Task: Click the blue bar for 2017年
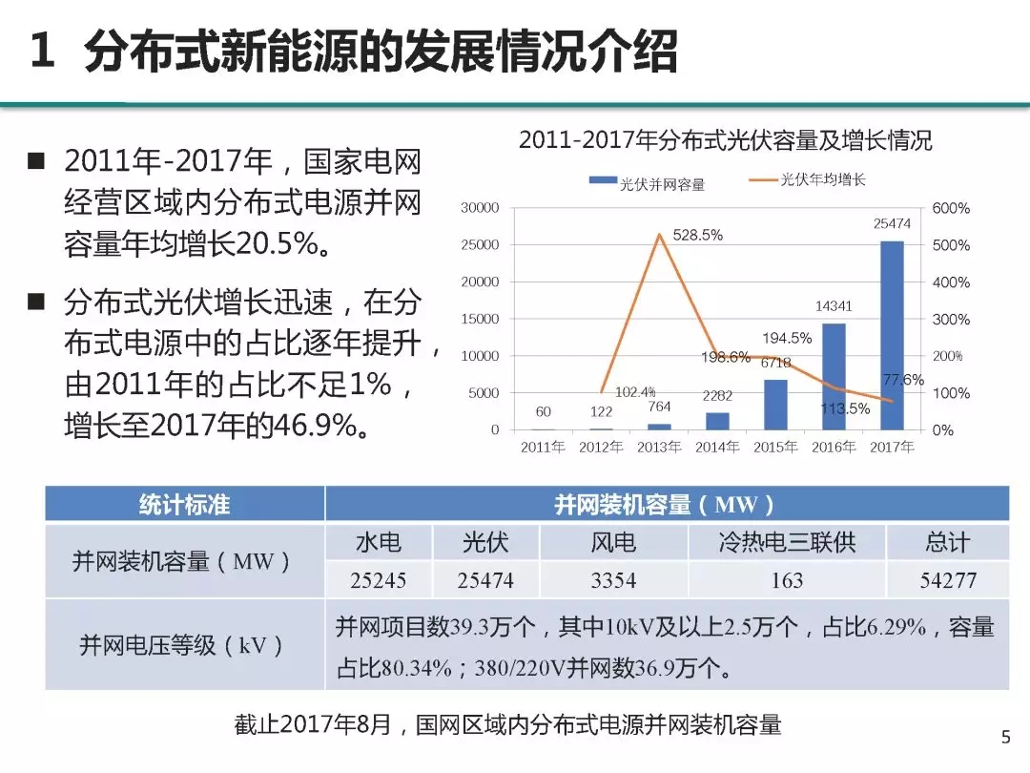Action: click(x=892, y=335)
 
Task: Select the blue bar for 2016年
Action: click(x=834, y=376)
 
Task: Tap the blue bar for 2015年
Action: click(x=776, y=405)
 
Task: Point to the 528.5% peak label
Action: click(x=697, y=235)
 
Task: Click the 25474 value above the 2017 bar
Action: click(x=892, y=223)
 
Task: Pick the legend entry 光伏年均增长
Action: click(x=822, y=179)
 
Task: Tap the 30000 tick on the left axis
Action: click(x=480, y=208)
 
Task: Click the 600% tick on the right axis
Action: click(x=951, y=208)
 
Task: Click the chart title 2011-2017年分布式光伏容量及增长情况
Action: click(x=725, y=141)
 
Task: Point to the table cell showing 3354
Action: click(x=613, y=580)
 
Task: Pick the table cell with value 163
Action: click(x=787, y=580)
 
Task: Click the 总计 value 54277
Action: click(x=947, y=580)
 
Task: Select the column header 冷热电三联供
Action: click(x=787, y=543)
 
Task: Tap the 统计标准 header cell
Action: click(x=184, y=504)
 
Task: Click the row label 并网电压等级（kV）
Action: click(x=184, y=645)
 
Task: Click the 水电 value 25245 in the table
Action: click(x=378, y=580)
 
